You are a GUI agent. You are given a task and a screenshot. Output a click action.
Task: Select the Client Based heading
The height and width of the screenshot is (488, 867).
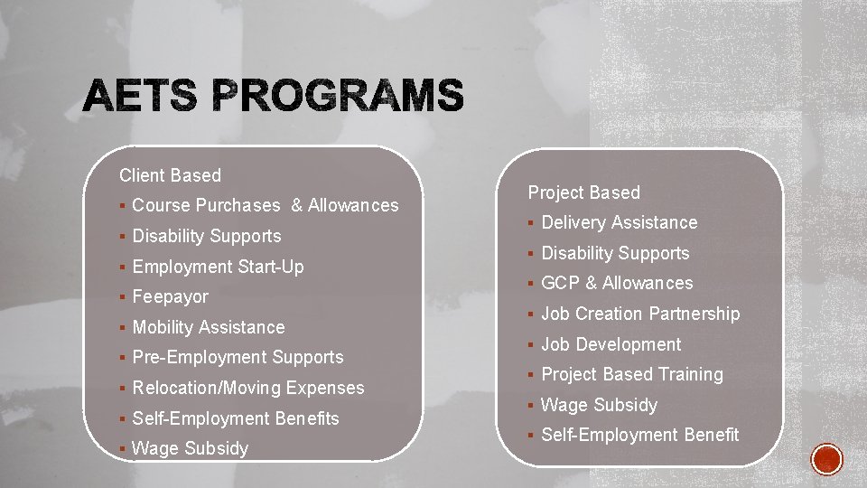pyautogui.click(x=170, y=175)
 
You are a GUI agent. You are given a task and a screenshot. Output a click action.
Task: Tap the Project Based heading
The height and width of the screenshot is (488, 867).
pyautogui.click(x=583, y=192)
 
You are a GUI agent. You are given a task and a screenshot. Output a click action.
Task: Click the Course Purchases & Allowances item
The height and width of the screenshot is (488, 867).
pyautogui.click(x=265, y=206)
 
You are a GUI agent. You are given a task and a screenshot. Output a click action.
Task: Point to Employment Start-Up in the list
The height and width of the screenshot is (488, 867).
pyautogui.click(x=218, y=267)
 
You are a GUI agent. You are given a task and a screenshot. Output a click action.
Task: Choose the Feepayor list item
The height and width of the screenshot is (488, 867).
pyautogui.click(x=170, y=296)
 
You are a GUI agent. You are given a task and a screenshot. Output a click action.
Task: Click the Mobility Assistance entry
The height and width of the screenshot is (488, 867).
pyautogui.click(x=208, y=327)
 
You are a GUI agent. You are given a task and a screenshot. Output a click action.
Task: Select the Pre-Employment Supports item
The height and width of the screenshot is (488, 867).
pyautogui.click(x=238, y=357)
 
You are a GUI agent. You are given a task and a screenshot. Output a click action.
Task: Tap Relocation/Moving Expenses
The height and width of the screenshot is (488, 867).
pyautogui.click(x=248, y=388)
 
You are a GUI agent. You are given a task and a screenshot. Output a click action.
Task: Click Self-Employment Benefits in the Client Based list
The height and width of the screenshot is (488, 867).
pyautogui.click(x=236, y=418)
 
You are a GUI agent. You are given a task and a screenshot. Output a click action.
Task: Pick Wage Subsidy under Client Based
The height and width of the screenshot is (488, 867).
pyautogui.click(x=190, y=448)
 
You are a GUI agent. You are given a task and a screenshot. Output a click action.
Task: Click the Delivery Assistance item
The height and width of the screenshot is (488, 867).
pyautogui.click(x=619, y=222)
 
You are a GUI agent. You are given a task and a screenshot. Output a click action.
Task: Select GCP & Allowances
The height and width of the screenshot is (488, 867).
pyautogui.click(x=617, y=283)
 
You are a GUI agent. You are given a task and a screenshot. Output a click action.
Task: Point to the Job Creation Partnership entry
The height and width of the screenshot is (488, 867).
pyautogui.click(x=640, y=314)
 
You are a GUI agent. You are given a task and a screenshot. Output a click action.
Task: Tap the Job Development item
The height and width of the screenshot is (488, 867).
pyautogui.click(x=611, y=344)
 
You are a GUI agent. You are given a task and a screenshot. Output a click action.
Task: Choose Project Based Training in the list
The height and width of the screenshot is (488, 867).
pyautogui.click(x=632, y=374)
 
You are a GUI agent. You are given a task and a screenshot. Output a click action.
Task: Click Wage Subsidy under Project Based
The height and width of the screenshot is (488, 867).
pyautogui.click(x=599, y=405)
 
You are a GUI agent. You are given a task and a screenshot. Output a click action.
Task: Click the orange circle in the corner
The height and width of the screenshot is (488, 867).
pyautogui.click(x=827, y=459)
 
